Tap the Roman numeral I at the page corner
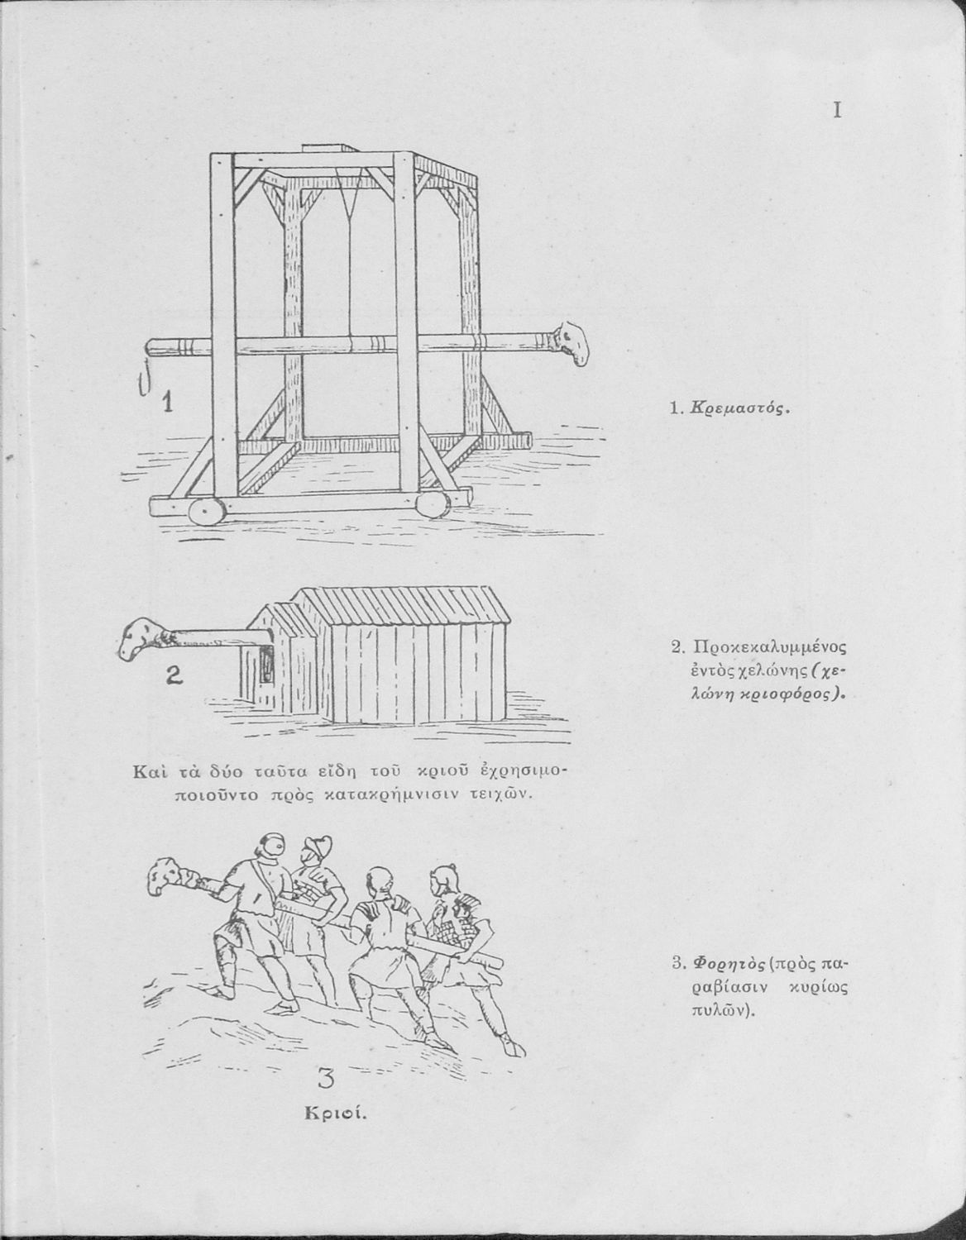[838, 111]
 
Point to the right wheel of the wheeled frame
[432, 503]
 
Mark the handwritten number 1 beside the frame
[168, 403]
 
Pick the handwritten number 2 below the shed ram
[173, 677]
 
